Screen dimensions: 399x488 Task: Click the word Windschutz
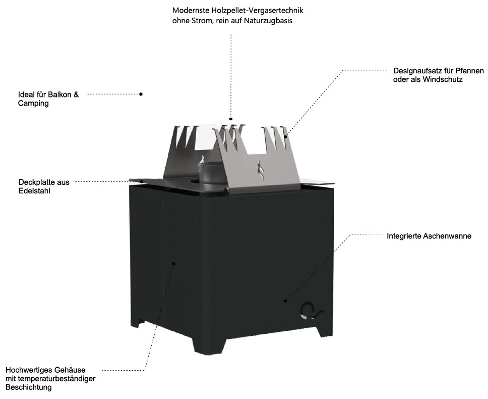444,80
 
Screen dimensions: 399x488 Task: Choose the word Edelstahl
34,191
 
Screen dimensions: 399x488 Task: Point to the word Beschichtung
29,388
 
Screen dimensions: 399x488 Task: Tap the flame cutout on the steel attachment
261,170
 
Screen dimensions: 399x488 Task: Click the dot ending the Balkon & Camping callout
141,94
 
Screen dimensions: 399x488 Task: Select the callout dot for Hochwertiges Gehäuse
173,263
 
